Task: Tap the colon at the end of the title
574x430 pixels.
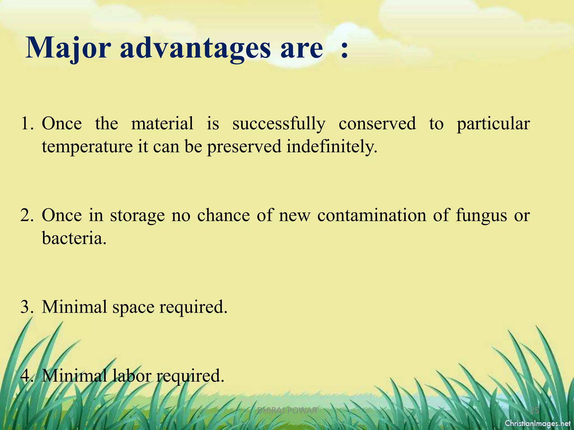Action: [x=344, y=50]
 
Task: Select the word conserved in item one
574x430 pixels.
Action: [x=377, y=124]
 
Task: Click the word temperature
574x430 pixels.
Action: [x=87, y=147]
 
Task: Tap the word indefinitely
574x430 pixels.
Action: [x=332, y=147]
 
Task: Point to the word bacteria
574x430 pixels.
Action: [x=74, y=239]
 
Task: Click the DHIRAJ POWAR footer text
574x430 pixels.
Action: [x=287, y=411]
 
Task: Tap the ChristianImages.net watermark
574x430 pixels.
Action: [x=538, y=423]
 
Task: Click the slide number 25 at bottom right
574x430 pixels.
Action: [x=535, y=411]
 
